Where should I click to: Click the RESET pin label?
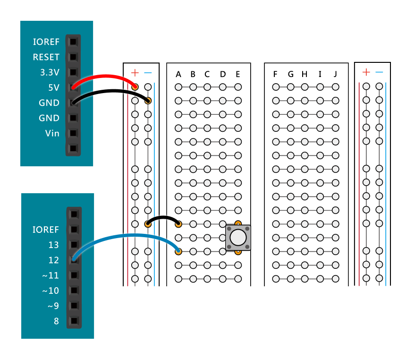click(x=46, y=57)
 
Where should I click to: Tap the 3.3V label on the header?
click(x=50, y=73)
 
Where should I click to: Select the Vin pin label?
click(x=52, y=133)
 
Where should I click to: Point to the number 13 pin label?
click(x=53, y=245)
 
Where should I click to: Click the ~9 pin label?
click(x=53, y=306)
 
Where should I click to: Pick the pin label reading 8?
click(x=56, y=321)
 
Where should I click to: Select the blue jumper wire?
click(x=127, y=235)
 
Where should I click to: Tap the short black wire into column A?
click(x=163, y=217)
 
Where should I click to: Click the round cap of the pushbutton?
click(x=238, y=237)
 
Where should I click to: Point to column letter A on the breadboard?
click(x=178, y=74)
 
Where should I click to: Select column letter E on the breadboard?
click(x=238, y=74)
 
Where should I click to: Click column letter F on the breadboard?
click(x=276, y=74)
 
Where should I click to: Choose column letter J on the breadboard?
click(x=335, y=74)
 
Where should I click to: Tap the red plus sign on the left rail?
click(x=135, y=73)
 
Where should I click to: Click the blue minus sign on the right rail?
click(x=380, y=72)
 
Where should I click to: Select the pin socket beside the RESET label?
click(x=73, y=57)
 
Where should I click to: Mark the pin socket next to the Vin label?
click(x=73, y=133)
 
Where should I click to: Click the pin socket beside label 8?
click(x=73, y=321)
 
